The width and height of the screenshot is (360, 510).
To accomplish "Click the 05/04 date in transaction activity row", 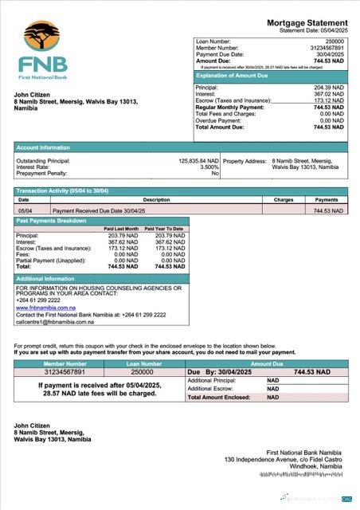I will tap(24, 210).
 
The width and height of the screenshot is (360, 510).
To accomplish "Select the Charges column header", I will tap(284, 200).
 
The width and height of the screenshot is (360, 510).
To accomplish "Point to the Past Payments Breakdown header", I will tap(53, 220).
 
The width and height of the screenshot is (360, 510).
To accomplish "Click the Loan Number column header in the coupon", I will tap(143, 363).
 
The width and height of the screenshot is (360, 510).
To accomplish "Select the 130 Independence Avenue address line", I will tap(286, 459).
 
